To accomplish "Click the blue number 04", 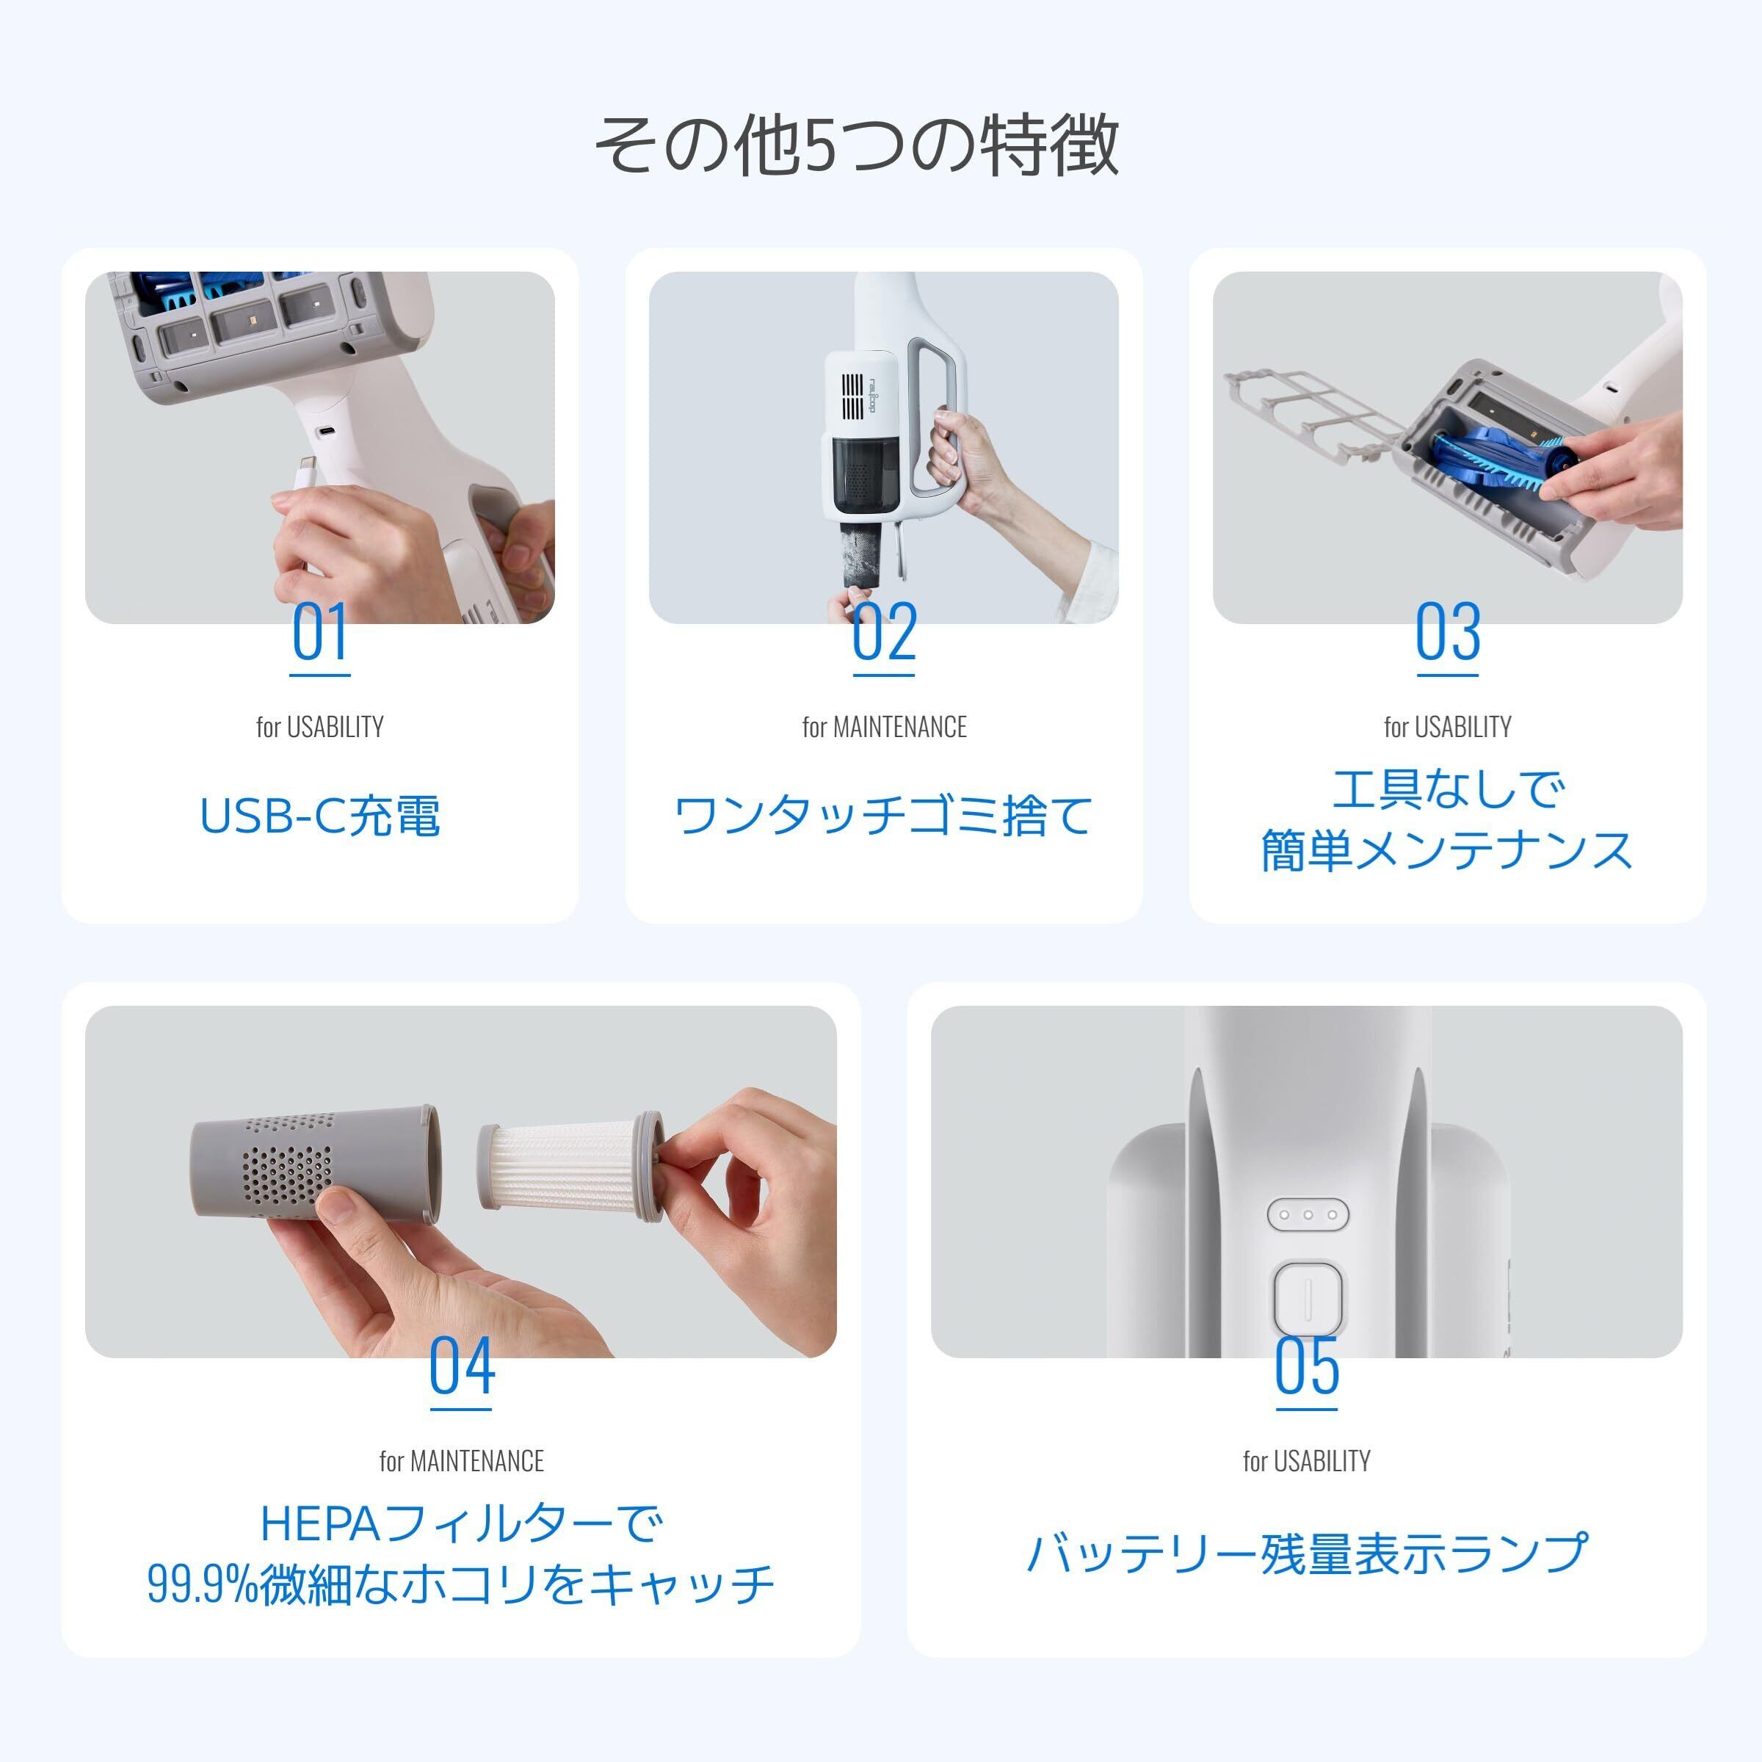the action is click(462, 1366).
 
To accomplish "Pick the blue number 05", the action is click(1306, 1366).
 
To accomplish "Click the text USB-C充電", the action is click(320, 816).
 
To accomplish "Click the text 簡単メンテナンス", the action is click(1447, 850).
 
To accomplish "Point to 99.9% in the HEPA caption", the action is click(203, 1584).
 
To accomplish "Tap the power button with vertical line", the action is click(1308, 1299).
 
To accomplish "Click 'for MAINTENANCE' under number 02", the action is click(884, 727).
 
